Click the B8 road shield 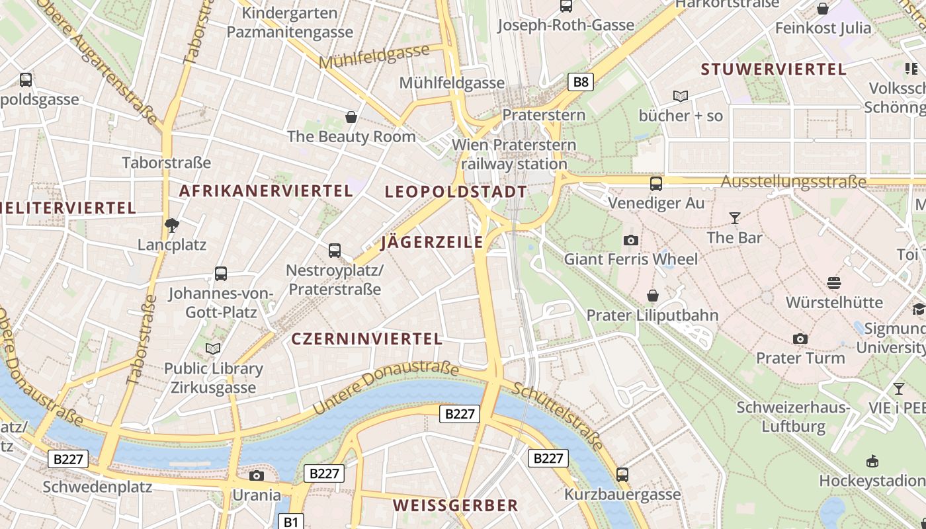(x=580, y=82)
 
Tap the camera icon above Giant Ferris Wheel (x=631, y=240)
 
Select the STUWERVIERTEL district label (x=773, y=69)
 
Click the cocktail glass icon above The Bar (x=734, y=218)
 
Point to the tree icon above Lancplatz (x=172, y=225)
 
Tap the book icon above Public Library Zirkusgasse (x=213, y=348)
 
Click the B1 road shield (x=291, y=521)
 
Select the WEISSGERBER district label (x=455, y=506)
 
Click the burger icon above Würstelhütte (x=834, y=283)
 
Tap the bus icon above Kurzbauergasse (x=622, y=474)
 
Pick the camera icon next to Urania (x=257, y=475)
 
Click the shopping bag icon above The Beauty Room (x=351, y=117)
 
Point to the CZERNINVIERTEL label (x=366, y=339)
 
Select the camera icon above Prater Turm (x=800, y=339)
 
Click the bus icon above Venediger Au (x=655, y=183)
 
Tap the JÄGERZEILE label (x=432, y=243)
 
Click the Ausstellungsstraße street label (x=793, y=181)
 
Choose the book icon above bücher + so (x=681, y=97)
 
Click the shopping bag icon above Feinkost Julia (x=822, y=9)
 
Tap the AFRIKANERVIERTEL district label (x=266, y=191)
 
